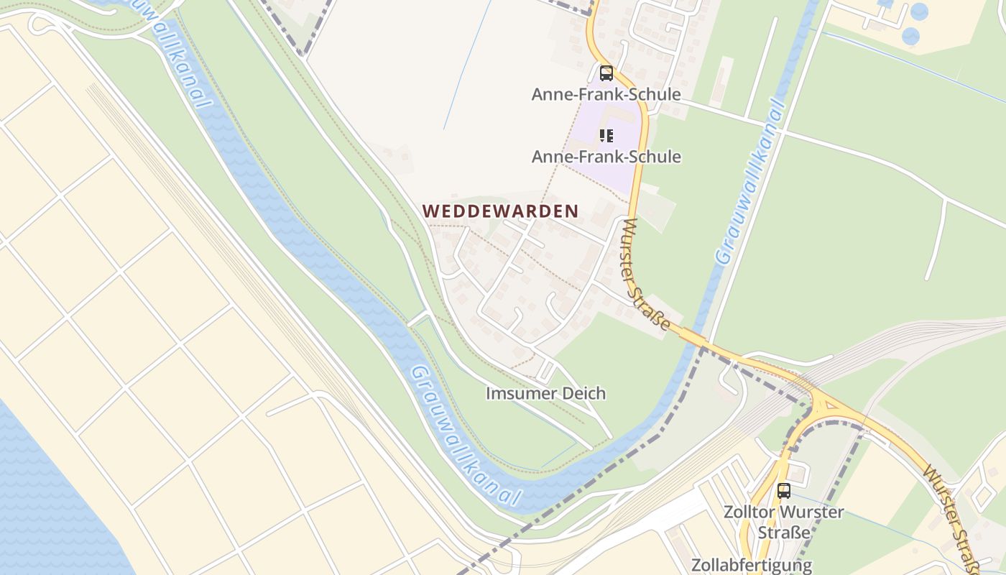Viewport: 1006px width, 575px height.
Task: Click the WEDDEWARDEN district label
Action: pyautogui.click(x=500, y=211)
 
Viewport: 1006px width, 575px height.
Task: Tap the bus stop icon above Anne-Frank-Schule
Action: pyautogui.click(x=606, y=73)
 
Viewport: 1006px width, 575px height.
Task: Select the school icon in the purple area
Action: pyautogui.click(x=606, y=135)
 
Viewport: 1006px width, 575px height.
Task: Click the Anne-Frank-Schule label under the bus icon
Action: pyautogui.click(x=606, y=94)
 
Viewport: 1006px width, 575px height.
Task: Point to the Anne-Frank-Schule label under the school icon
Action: pyautogui.click(x=606, y=156)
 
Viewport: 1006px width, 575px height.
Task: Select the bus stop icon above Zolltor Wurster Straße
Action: pyautogui.click(x=783, y=491)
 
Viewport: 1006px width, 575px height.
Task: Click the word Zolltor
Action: pyautogui.click(x=752, y=512)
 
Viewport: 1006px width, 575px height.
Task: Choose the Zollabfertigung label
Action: pyautogui.click(x=752, y=565)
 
